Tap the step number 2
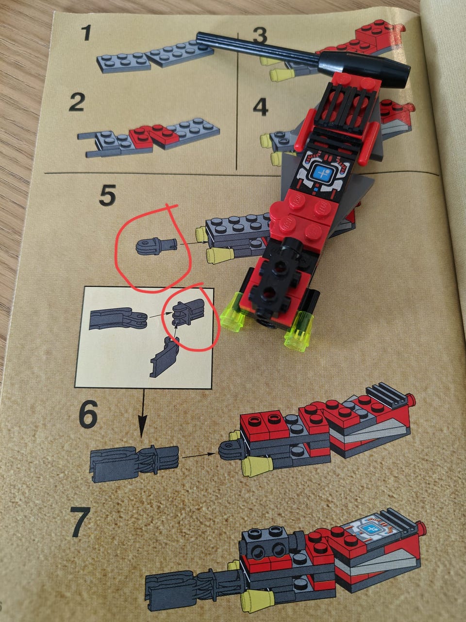pyautogui.click(x=77, y=103)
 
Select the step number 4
pyautogui.click(x=261, y=108)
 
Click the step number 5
pyautogui.click(x=107, y=195)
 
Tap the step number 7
pyautogui.click(x=80, y=522)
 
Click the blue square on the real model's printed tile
pyautogui.click(x=322, y=173)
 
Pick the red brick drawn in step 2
pyautogui.click(x=154, y=136)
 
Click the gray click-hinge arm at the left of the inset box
pyautogui.click(x=117, y=319)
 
